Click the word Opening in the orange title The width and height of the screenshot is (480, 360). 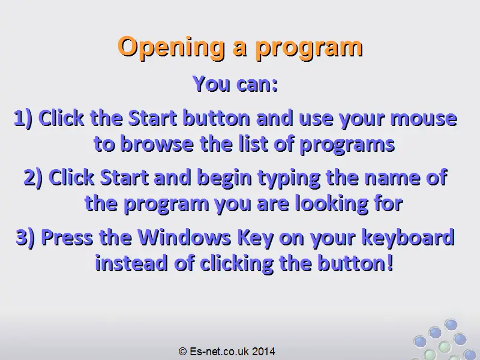pos(171,47)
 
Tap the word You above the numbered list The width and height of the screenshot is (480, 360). pos(212,83)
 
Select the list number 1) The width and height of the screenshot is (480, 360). pos(23,118)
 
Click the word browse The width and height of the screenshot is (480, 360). pos(157,144)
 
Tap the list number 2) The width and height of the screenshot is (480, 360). pos(33,178)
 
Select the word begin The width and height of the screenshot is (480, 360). pos(224,178)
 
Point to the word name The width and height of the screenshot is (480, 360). pos(392,178)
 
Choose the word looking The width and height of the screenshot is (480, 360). pos(332,204)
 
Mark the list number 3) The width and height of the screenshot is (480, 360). pos(25,238)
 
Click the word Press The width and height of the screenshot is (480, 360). pos(67,237)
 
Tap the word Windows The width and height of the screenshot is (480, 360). pos(184,237)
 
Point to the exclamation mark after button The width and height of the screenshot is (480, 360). pos(389,263)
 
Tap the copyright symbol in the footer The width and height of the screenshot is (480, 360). pos(183,351)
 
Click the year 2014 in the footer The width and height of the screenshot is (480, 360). pos(263,351)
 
